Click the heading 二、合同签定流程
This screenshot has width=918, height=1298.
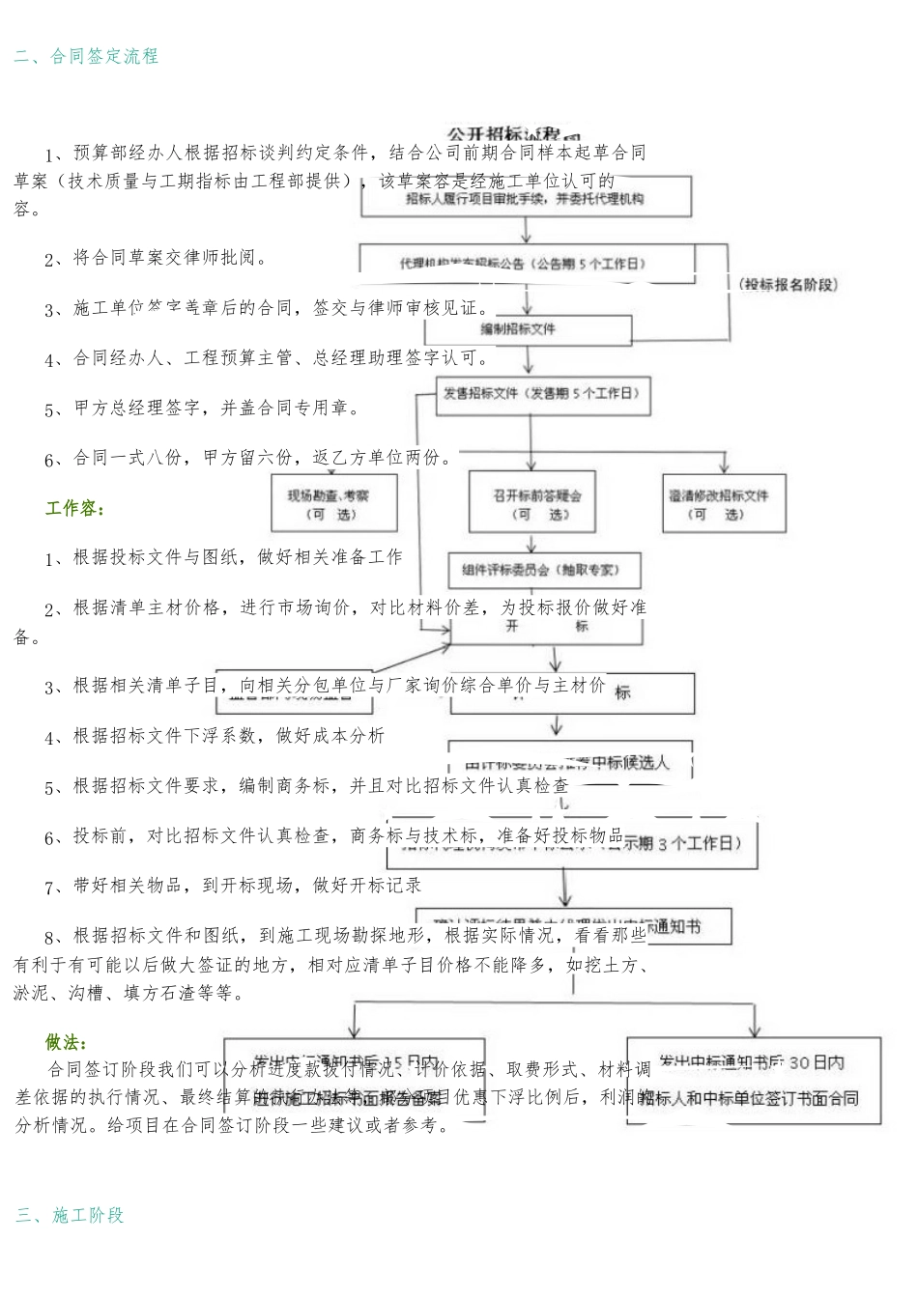tap(86, 56)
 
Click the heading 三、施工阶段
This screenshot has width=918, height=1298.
tap(70, 1215)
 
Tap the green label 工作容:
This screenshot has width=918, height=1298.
tap(74, 508)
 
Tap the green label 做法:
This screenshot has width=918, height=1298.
tap(66, 1042)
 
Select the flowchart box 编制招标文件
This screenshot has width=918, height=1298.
tap(520, 329)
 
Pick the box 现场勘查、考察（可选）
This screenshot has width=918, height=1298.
tap(334, 504)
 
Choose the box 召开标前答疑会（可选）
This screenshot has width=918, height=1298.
tap(531, 504)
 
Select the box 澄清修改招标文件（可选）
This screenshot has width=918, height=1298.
tap(724, 504)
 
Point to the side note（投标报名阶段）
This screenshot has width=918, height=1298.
tap(788, 284)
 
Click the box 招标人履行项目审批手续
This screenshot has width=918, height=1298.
tap(527, 199)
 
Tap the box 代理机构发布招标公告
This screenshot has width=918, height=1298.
tap(527, 263)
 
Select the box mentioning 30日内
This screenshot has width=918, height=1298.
tap(754, 1080)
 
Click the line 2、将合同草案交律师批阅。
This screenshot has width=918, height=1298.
tap(156, 258)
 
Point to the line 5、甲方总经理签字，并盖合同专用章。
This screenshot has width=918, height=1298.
tap(202, 409)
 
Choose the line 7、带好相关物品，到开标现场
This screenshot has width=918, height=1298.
tap(233, 886)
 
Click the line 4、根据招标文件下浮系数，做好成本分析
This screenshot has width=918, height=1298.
tap(215, 736)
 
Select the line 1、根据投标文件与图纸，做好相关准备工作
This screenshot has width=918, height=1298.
tap(223, 557)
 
